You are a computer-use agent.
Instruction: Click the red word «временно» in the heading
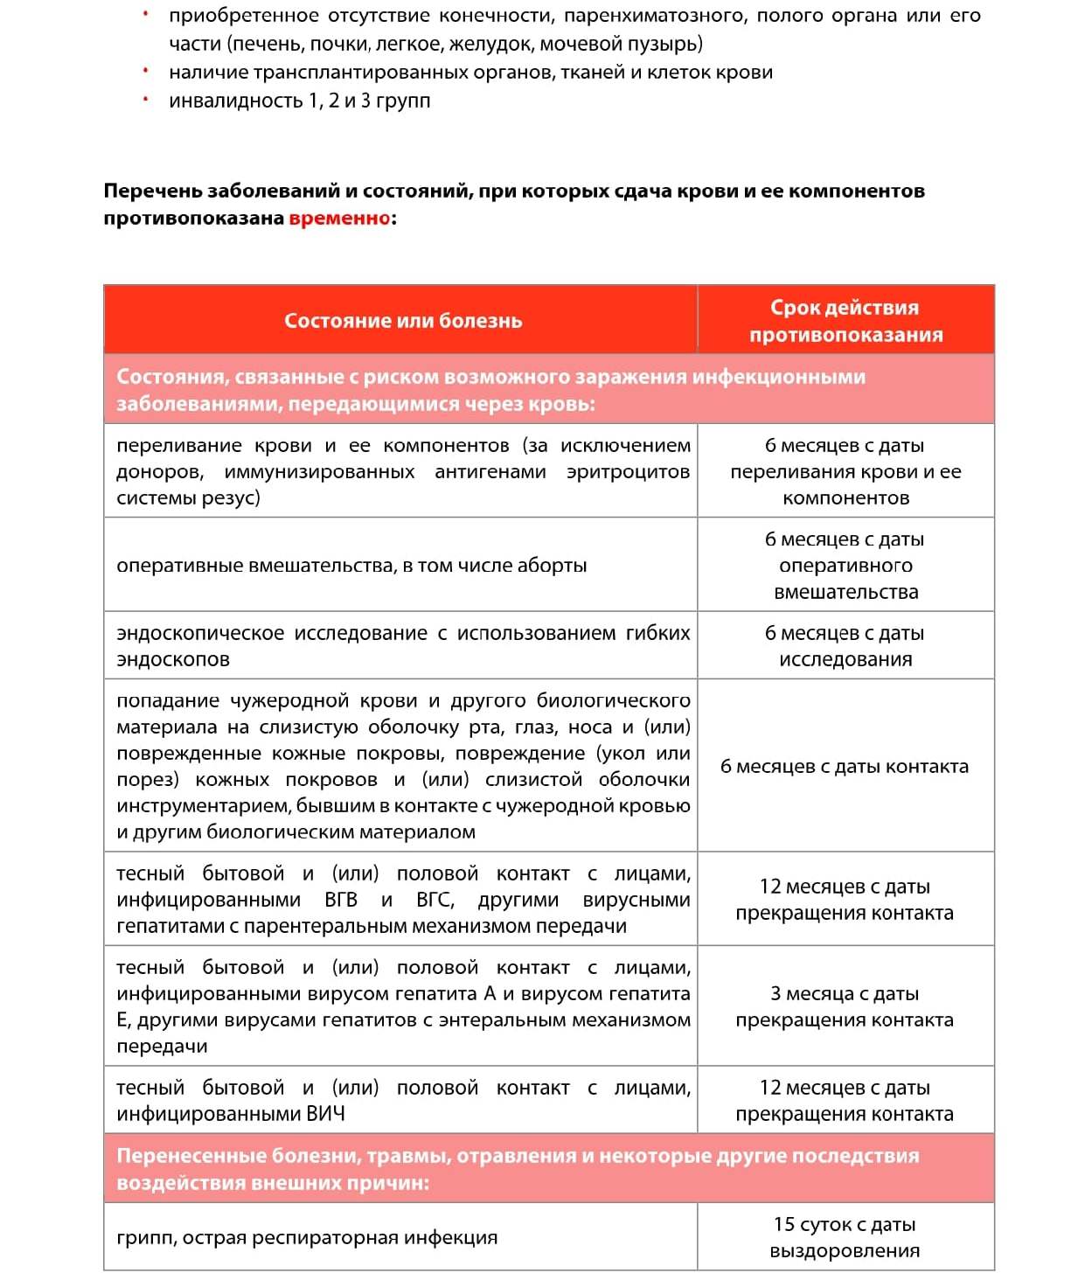(339, 219)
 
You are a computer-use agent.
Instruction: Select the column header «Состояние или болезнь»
(403, 321)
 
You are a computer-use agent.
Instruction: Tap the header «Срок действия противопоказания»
(845, 321)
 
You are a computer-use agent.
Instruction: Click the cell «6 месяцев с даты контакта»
(845, 767)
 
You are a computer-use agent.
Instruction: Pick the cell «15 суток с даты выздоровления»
(845, 1237)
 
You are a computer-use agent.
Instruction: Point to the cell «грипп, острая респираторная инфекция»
(307, 1238)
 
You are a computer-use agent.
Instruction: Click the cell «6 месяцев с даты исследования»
(845, 646)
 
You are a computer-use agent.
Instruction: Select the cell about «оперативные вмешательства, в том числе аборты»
(351, 566)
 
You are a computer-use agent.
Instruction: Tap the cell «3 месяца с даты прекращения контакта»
(845, 1006)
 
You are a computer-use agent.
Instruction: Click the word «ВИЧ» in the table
(325, 1115)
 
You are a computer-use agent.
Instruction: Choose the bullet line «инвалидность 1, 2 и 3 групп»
(299, 101)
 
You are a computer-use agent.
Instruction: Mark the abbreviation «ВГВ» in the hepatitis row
(341, 901)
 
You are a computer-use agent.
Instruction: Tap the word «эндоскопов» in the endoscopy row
(173, 660)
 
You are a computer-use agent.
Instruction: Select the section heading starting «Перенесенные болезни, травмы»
(518, 1169)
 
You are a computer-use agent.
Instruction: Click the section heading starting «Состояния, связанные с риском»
(490, 390)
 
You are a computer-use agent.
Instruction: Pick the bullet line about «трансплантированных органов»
(470, 73)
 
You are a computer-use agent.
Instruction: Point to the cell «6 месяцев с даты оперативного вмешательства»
(845, 566)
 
